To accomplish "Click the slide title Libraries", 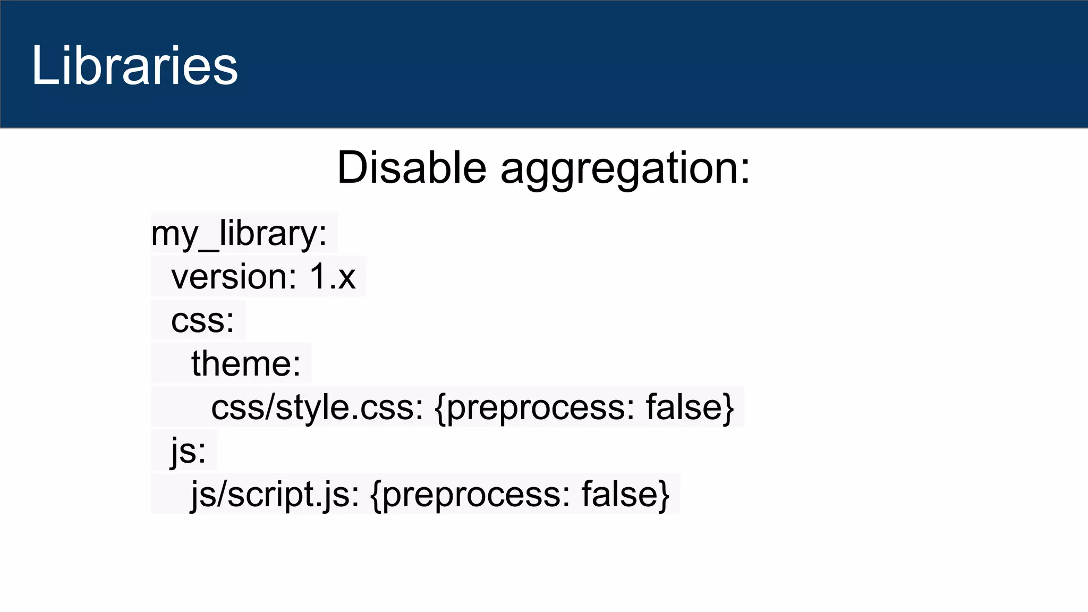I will tap(134, 65).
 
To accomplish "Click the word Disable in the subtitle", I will tap(412, 168).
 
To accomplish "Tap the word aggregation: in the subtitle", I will tap(625, 169).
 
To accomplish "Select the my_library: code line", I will tap(239, 234).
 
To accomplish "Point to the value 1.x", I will tap(333, 277).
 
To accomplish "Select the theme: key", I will tap(246, 364).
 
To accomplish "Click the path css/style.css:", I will tap(317, 408).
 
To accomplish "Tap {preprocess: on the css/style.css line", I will tap(534, 408).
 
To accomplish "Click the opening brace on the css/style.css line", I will tap(440, 408).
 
